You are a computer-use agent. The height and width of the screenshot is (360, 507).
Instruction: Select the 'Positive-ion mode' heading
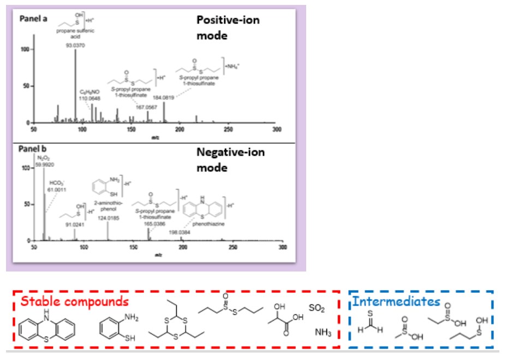tap(228, 27)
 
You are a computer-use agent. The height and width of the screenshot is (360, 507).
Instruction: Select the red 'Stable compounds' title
tap(75, 301)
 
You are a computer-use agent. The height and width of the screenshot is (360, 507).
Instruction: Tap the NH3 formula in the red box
tap(323, 332)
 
